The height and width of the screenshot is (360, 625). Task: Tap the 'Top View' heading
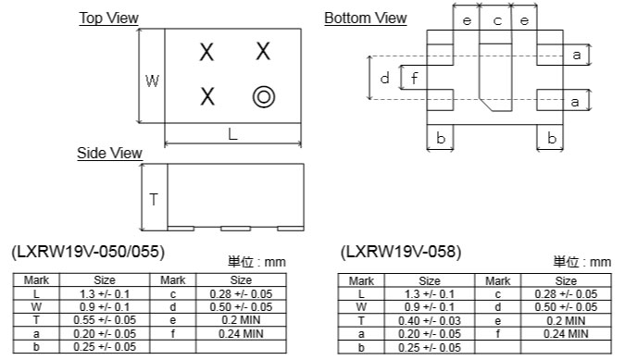tap(108, 18)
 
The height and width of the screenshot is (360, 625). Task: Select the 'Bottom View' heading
tap(366, 18)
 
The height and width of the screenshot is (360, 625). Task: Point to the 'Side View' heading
tap(109, 154)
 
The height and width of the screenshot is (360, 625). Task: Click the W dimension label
tap(152, 81)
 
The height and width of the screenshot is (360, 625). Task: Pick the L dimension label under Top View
tap(232, 134)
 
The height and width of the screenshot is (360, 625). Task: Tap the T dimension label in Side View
tap(154, 199)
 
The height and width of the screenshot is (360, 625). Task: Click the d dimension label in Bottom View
tap(384, 78)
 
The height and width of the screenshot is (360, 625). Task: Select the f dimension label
tap(415, 78)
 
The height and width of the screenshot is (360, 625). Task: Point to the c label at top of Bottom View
tap(497, 20)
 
